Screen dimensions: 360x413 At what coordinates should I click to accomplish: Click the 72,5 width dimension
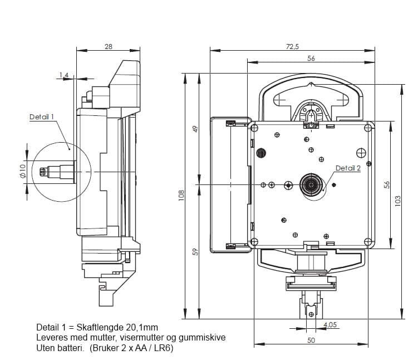pos(292,46)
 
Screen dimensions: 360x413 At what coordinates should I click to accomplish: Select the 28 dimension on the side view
pos(108,46)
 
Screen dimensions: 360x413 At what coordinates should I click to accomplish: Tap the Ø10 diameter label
pos(23,170)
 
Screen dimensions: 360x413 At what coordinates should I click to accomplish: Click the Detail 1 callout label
pos(42,117)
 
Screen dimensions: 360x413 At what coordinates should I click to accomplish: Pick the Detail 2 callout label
pos(348,168)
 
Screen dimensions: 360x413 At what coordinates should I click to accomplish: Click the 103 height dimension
pos(397,201)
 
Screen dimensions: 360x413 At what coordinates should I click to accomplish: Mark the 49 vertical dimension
pos(195,129)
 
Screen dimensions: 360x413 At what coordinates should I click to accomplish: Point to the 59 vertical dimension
pos(195,252)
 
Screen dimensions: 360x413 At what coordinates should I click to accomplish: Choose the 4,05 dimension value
pos(330,325)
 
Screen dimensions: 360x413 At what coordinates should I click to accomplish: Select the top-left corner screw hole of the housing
pos(254,128)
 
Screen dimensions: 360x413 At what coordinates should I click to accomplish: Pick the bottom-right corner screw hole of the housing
pos(367,241)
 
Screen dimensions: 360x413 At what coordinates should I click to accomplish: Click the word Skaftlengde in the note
pos(108,327)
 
